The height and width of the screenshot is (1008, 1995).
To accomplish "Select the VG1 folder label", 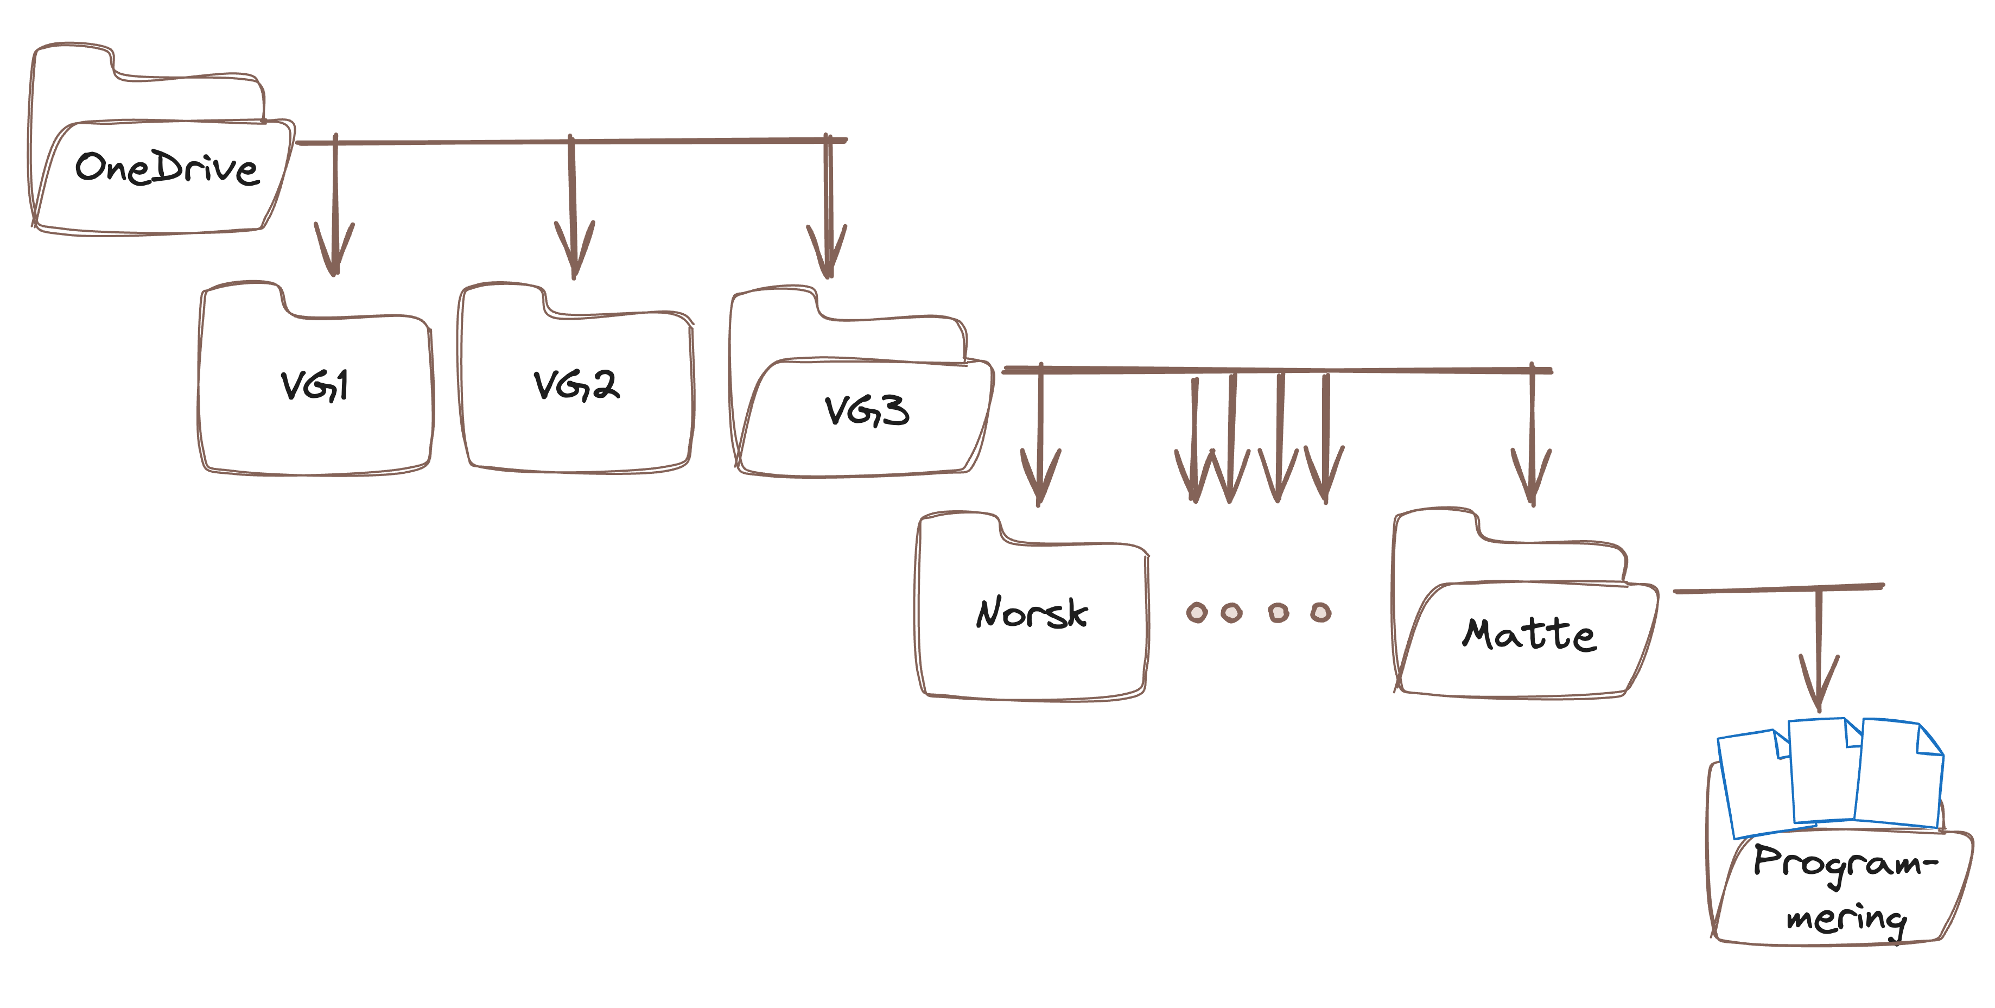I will tap(314, 385).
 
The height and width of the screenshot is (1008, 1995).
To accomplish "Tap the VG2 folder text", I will tap(576, 385).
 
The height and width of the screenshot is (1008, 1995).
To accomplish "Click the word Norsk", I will tap(1032, 613).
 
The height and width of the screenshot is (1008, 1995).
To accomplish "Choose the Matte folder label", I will tap(1529, 634).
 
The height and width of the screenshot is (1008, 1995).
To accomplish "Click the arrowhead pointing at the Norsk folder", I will tap(1039, 480).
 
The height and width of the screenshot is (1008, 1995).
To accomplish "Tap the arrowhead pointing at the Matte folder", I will tap(1531, 480).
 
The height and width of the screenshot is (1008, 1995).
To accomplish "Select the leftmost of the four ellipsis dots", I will tap(1197, 613).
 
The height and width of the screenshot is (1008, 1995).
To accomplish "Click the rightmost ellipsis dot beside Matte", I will tap(1320, 613).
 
